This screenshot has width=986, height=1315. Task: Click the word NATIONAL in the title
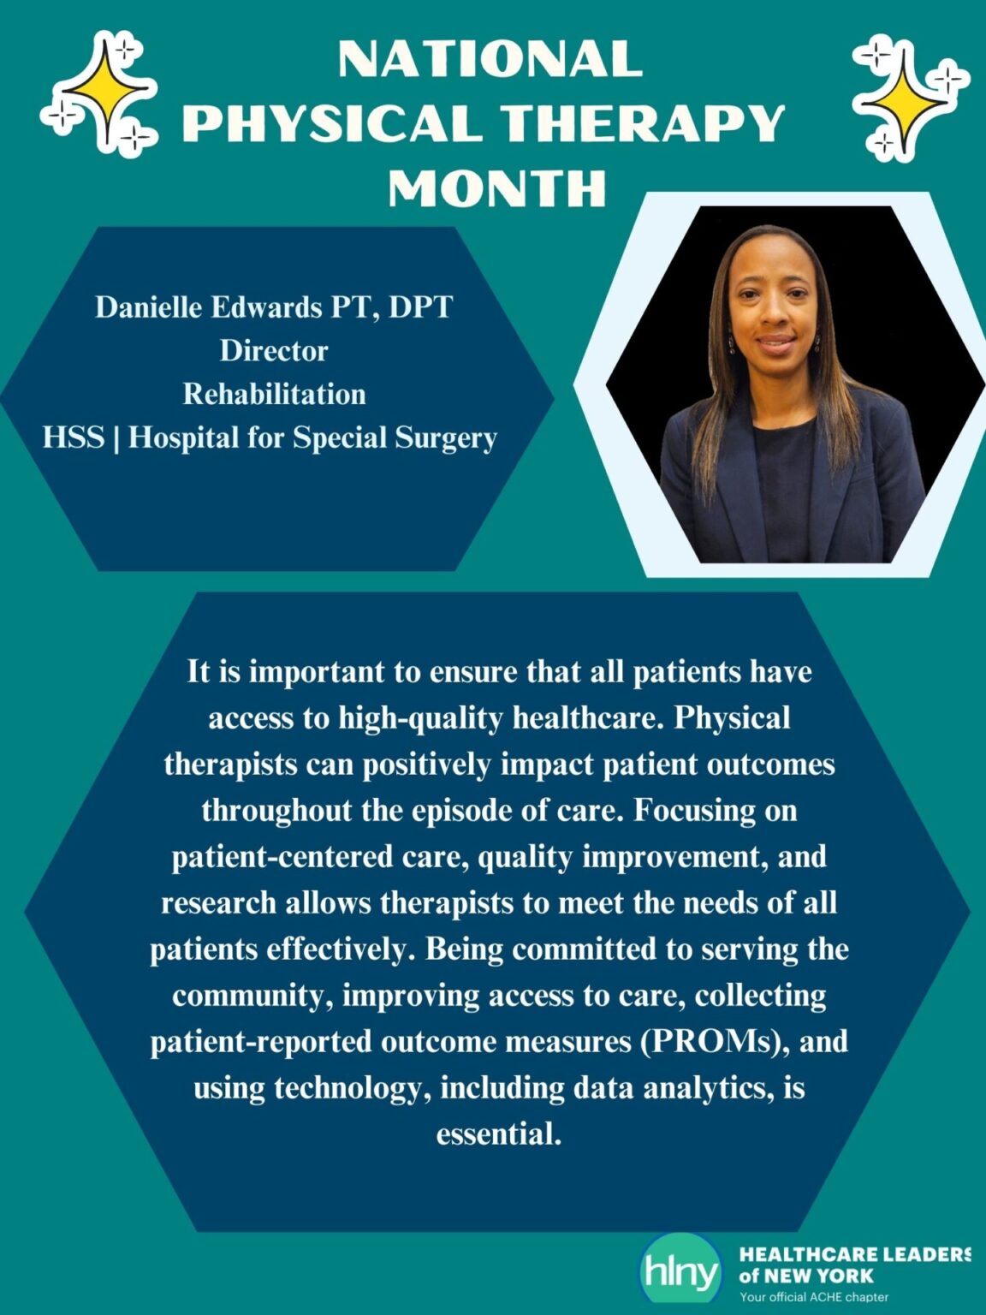pyautogui.click(x=490, y=59)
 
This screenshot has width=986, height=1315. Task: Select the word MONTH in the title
pyautogui.click(x=497, y=187)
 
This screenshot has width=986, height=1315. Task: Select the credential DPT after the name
pyautogui.click(x=420, y=306)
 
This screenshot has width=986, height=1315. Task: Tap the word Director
pyautogui.click(x=274, y=350)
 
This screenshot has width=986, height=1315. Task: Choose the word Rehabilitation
pyautogui.click(x=274, y=394)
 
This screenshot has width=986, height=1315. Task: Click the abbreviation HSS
pyautogui.click(x=74, y=437)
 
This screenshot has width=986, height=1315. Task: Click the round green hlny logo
pyautogui.click(x=681, y=1273)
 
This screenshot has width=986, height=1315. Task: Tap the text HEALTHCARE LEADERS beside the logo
pyautogui.click(x=854, y=1254)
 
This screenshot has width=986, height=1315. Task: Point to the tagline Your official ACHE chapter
pyautogui.click(x=814, y=1297)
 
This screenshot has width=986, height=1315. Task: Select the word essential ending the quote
pyautogui.click(x=498, y=1134)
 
